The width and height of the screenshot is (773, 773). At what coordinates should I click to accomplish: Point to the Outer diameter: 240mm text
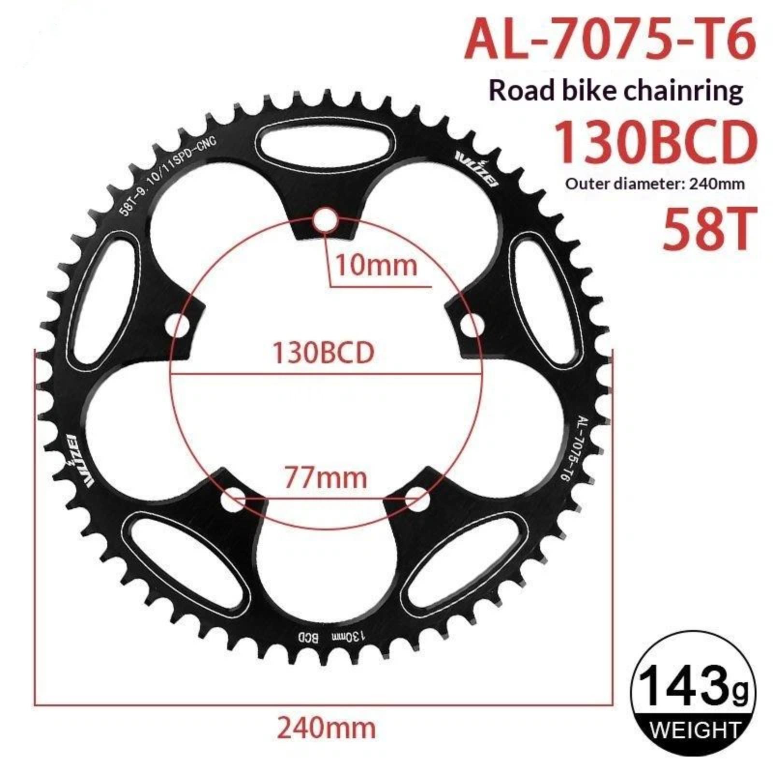pos(655,184)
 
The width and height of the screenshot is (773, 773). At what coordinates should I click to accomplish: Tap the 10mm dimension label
pos(376,265)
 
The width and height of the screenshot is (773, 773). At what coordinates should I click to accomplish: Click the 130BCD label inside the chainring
pos(324,353)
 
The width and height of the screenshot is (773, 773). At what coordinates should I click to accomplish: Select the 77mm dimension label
pos(325,478)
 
